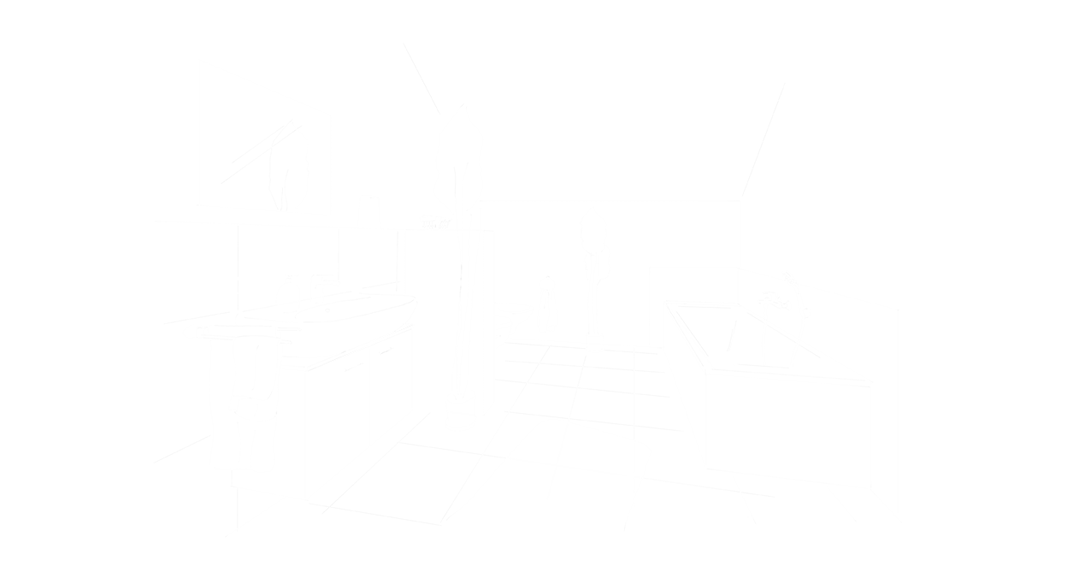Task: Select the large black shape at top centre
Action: point(624,103)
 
